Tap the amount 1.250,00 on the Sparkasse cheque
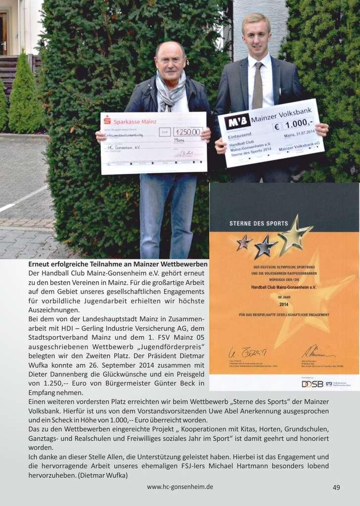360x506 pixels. click(187, 131)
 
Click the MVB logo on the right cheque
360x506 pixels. click(237, 122)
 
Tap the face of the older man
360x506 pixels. click(171, 62)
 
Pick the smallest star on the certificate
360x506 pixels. click(244, 242)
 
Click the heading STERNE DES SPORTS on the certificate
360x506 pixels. click(259, 223)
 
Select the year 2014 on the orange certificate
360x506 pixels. click(283, 304)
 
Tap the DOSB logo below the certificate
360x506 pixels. click(313, 383)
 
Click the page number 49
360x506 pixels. click(336, 487)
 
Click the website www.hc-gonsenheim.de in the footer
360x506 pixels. click(180, 487)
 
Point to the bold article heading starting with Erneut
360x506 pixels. click(118, 264)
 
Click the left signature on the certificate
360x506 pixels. click(247, 352)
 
